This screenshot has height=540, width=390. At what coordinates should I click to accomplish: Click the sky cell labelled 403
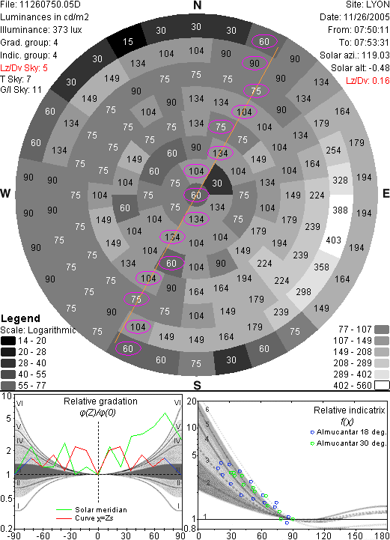point(334,240)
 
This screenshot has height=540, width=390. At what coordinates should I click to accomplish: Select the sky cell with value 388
point(341,210)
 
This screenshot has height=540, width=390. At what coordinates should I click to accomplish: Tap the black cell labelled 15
point(127,42)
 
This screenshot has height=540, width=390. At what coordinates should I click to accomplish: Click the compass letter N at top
point(197,5)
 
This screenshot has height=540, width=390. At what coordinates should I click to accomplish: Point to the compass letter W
point(5,193)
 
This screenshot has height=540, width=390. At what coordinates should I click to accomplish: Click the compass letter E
point(386,193)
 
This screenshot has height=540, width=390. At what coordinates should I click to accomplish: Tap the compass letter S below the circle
point(197,385)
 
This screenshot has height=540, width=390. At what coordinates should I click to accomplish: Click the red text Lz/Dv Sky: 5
point(24,68)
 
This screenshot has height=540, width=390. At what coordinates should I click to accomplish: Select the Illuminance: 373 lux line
point(41,30)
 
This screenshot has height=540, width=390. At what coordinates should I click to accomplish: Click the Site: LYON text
point(368,4)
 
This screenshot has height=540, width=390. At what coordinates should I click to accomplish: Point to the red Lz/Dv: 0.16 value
point(368,81)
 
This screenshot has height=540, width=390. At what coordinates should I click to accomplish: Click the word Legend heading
point(21,318)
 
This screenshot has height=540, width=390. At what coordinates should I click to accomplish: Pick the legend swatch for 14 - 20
point(8,341)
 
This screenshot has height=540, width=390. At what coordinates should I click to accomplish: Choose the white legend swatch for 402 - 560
point(382,385)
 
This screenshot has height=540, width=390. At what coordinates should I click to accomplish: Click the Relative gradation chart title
point(100,401)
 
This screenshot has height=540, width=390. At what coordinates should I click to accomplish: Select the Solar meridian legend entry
point(92,510)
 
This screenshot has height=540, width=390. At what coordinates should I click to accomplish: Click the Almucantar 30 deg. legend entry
point(348,443)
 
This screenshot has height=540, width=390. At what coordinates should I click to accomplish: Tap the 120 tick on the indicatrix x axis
point(324,536)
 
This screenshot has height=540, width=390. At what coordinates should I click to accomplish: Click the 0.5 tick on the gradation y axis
point(7,499)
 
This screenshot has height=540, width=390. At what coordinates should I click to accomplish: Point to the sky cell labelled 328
point(340,180)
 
